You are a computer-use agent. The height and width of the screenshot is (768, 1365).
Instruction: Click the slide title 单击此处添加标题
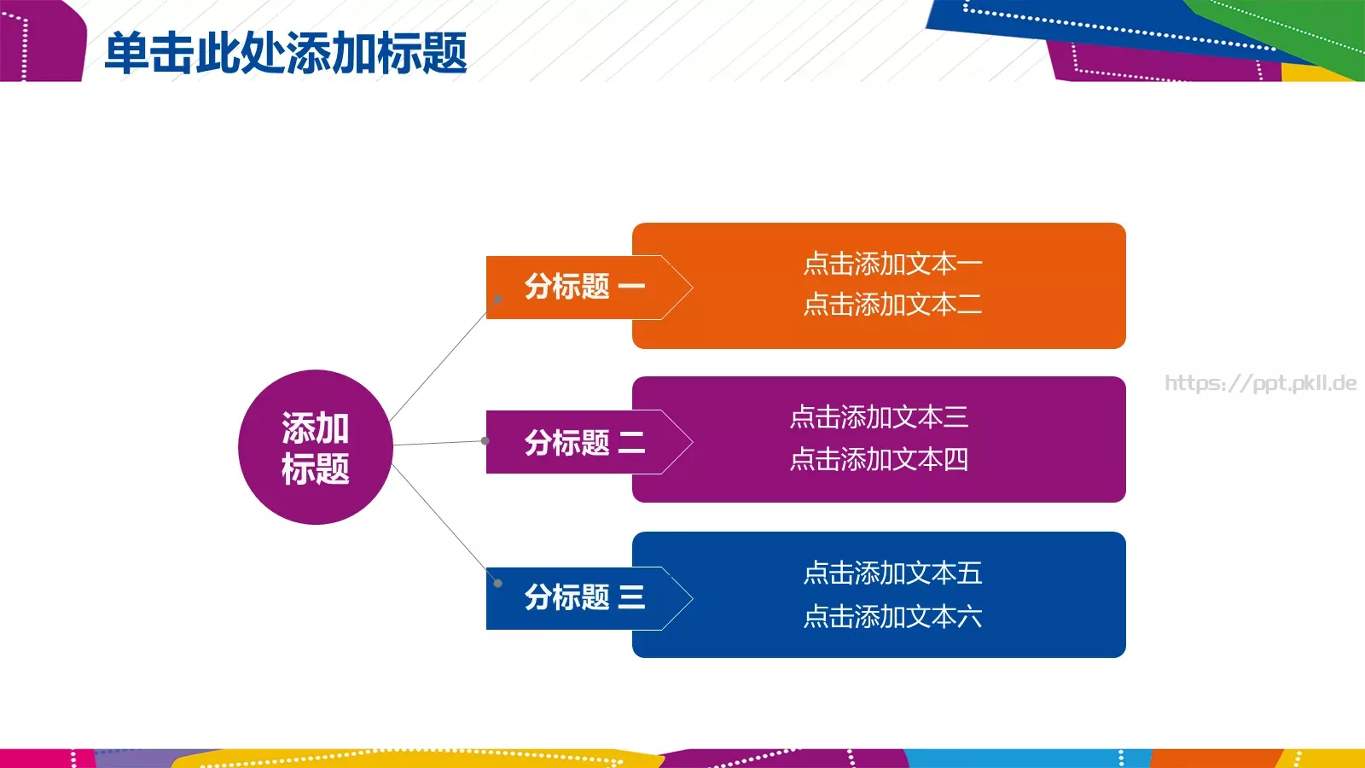pos(285,53)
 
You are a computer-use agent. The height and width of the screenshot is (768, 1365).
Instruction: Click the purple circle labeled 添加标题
pos(315,447)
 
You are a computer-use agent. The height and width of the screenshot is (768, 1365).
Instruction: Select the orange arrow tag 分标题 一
pos(584,287)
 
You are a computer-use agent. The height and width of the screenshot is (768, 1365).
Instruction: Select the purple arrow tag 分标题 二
pos(584,442)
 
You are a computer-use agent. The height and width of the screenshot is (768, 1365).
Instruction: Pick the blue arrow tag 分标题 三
pos(584,597)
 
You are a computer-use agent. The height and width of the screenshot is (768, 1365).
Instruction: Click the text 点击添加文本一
pos(892,264)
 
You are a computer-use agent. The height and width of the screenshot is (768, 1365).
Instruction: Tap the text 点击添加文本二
pos(892,305)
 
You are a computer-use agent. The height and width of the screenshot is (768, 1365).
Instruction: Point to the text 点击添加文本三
pos(879,417)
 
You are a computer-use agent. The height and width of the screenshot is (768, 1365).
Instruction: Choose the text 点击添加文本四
pos(879,460)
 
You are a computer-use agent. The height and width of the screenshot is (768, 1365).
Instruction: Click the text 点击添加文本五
pos(892,573)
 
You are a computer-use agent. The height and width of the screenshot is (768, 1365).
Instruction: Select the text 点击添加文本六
pos(892,616)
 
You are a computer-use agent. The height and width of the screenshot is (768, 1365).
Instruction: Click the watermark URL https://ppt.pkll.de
pos(1260,383)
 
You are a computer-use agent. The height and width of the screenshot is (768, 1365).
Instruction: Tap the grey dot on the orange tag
pos(498,300)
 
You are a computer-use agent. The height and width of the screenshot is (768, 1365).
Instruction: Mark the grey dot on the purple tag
pos(485,441)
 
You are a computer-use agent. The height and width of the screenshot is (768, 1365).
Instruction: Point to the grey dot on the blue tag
pos(498,584)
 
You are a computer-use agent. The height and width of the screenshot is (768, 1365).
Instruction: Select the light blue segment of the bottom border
pos(1024,759)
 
